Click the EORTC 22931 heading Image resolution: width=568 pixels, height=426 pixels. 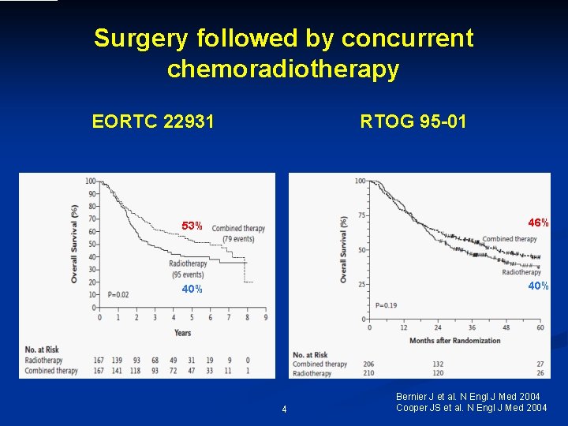pos(153,121)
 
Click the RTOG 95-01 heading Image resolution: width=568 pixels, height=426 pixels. pos(413,121)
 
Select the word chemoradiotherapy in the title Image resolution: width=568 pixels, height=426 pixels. pos(283,69)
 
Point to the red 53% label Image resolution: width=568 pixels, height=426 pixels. pos(192,226)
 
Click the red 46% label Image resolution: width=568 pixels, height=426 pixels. pos(538,223)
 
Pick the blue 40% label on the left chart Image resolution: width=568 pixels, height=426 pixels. pos(192,290)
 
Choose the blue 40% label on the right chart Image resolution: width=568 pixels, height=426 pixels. pos(538,286)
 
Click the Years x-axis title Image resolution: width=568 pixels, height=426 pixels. pos(182,332)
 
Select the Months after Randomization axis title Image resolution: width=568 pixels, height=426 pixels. pos(454,340)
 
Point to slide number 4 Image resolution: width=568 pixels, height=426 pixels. pos(284,409)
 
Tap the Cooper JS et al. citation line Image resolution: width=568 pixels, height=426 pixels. pos(471,407)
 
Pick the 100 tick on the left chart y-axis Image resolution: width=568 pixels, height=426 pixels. pos(91,181)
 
